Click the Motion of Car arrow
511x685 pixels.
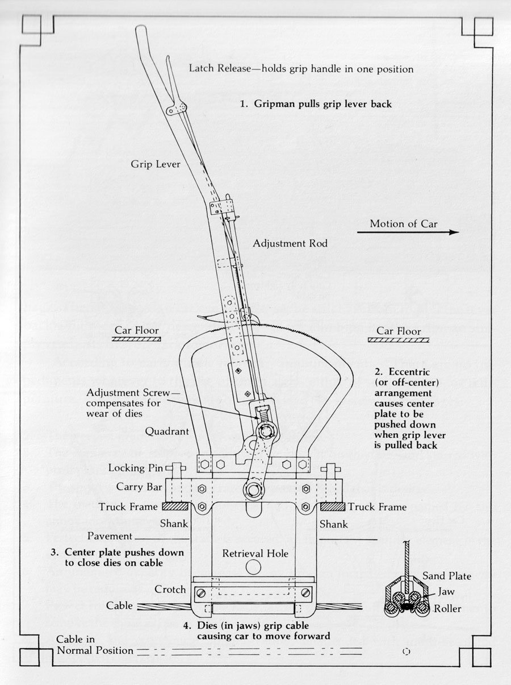coord(408,233)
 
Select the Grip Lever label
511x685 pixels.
coord(156,164)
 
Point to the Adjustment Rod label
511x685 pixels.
coord(290,243)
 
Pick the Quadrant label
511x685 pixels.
coord(167,431)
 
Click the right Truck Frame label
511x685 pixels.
coord(377,507)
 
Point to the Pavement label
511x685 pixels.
coord(110,536)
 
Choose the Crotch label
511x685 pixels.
coord(170,589)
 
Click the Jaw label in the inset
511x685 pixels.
coord(442,592)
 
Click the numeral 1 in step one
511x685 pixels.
coord(242,104)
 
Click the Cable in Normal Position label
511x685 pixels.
coord(95,645)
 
